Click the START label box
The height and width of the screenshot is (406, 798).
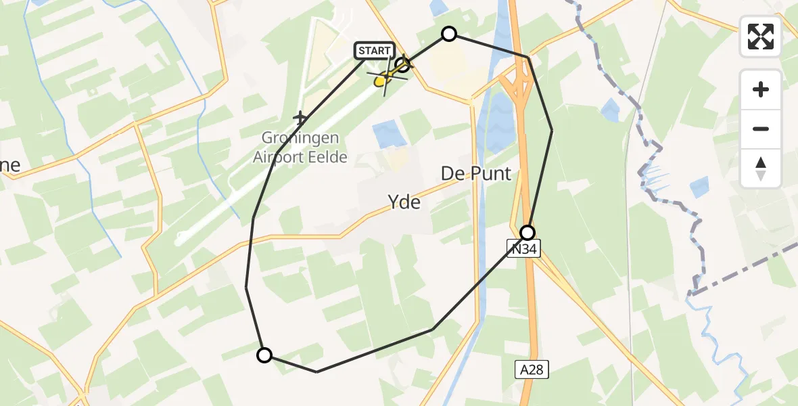coord(374,51)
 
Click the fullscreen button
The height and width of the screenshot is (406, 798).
coord(761,37)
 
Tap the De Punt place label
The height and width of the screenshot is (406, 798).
coord(476,173)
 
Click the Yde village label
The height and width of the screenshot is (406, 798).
coord(404,202)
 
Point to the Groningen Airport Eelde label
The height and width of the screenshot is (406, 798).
coord(300,148)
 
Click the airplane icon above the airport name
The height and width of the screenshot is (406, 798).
coord(300,118)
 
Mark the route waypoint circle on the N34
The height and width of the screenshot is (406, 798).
coord(527,233)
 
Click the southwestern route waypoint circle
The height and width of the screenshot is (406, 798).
coord(264,355)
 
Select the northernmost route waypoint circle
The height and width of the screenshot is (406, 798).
coord(449,34)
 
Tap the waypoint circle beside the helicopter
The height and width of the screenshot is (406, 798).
coord(403,65)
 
